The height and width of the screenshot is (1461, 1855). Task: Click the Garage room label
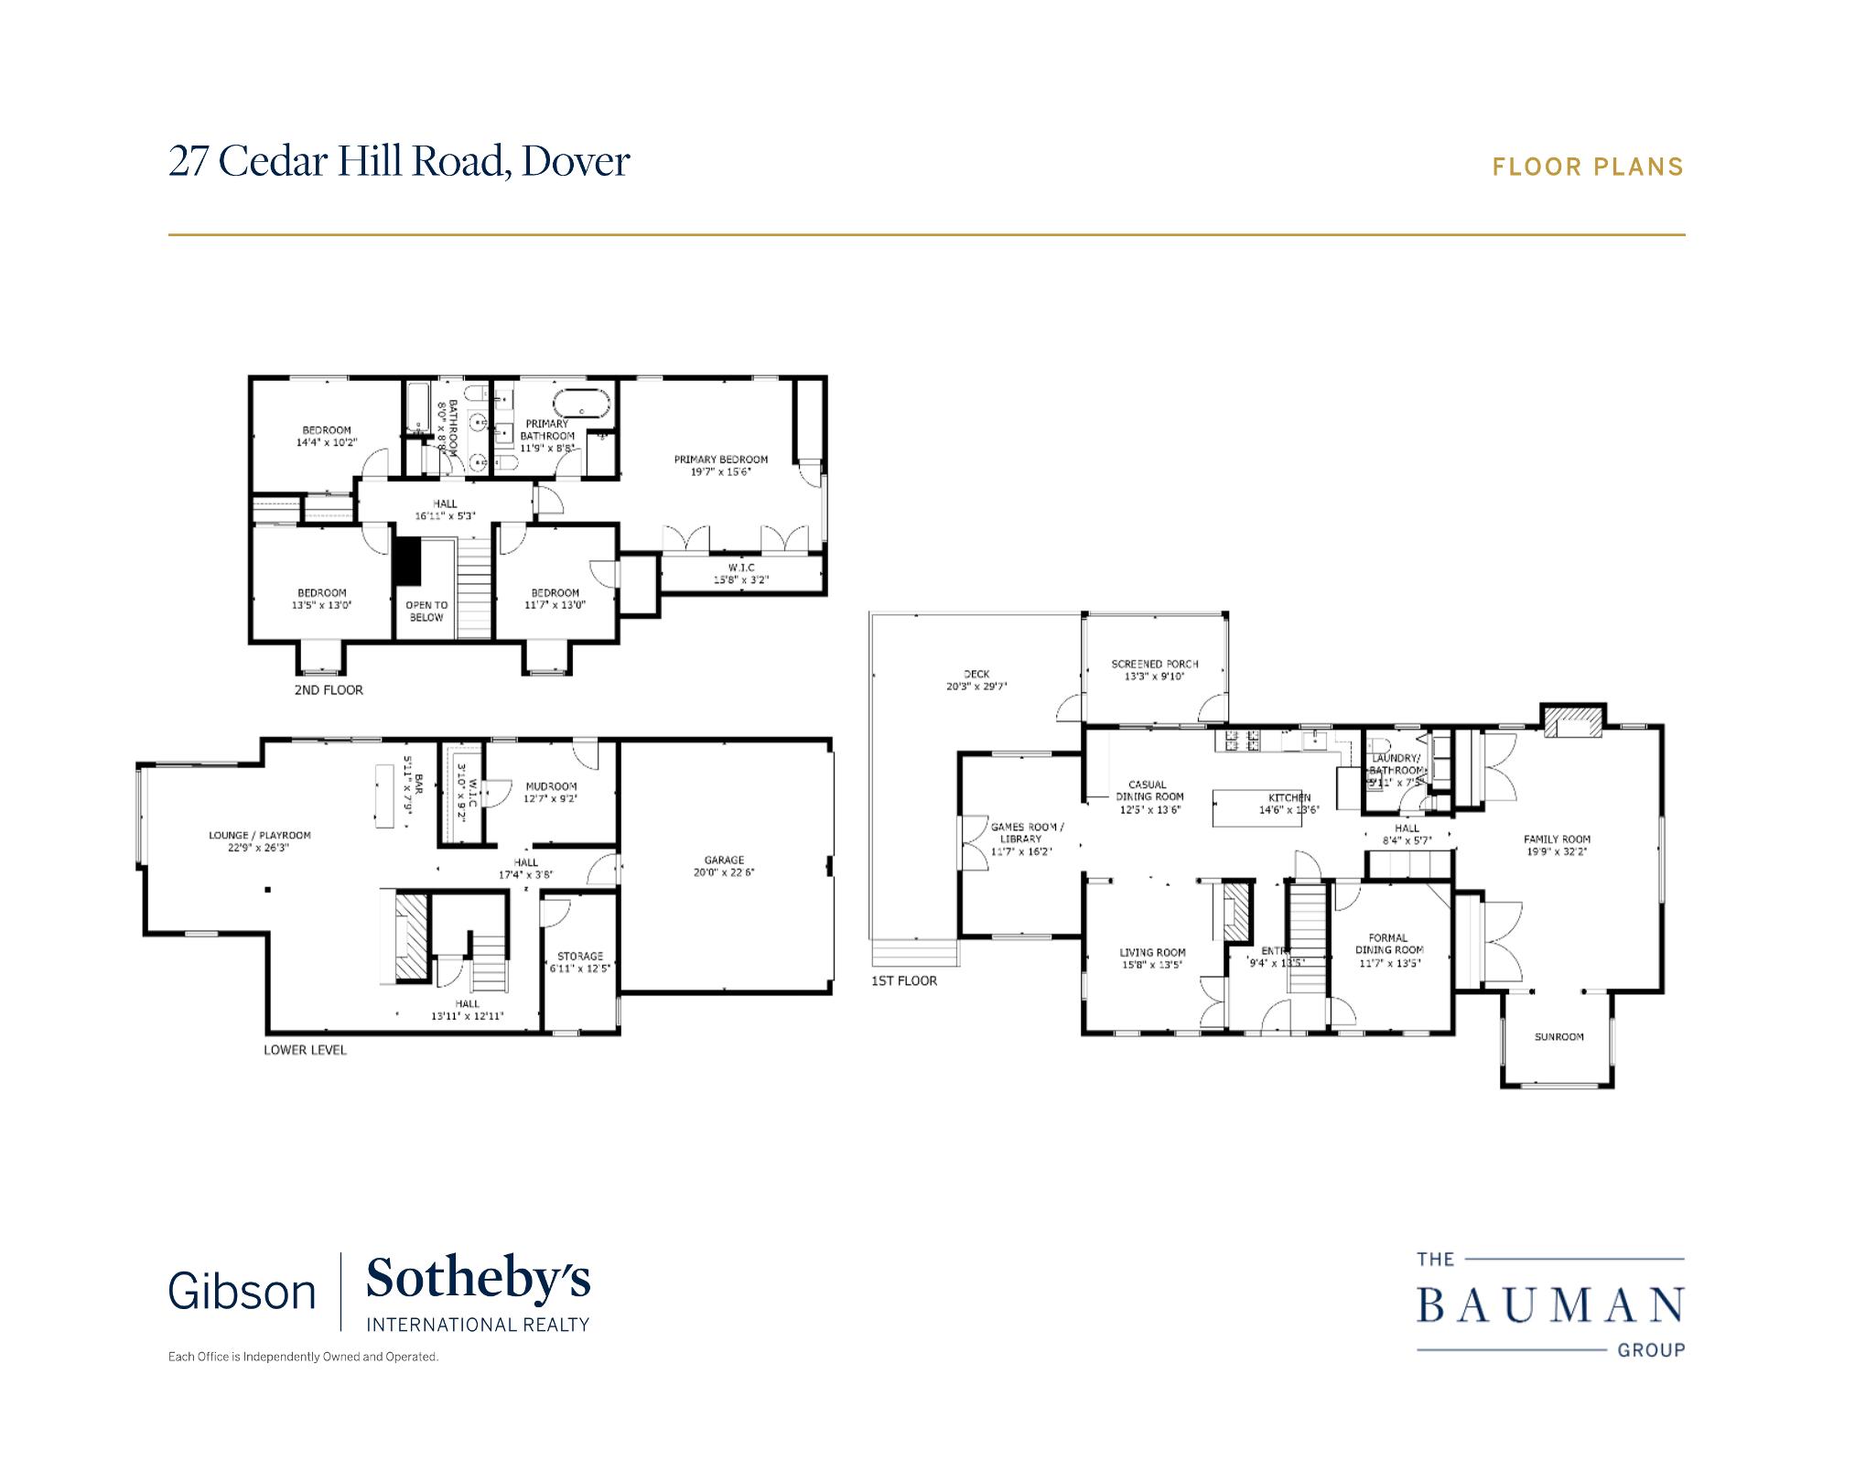click(x=724, y=860)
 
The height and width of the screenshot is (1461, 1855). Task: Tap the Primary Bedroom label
click(x=721, y=460)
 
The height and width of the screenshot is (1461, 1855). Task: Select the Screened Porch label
click(x=1154, y=664)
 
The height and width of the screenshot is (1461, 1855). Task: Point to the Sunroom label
click(x=1558, y=1037)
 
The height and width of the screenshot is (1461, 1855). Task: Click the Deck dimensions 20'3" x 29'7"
click(x=976, y=686)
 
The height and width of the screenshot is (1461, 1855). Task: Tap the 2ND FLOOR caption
click(x=329, y=689)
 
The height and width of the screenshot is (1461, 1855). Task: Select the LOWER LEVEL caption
click(x=305, y=1050)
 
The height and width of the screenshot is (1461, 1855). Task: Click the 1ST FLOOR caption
click(x=904, y=980)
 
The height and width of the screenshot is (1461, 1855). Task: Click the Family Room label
click(x=1557, y=839)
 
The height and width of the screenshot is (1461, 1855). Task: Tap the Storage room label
click(x=579, y=956)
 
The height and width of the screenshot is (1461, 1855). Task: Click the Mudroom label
click(x=551, y=785)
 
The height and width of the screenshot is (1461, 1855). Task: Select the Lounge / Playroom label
click(x=260, y=835)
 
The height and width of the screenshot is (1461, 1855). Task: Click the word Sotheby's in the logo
click(x=478, y=1280)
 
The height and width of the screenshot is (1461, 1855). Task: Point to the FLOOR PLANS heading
click(x=1588, y=167)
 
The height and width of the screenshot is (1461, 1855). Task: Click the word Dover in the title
click(x=576, y=161)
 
